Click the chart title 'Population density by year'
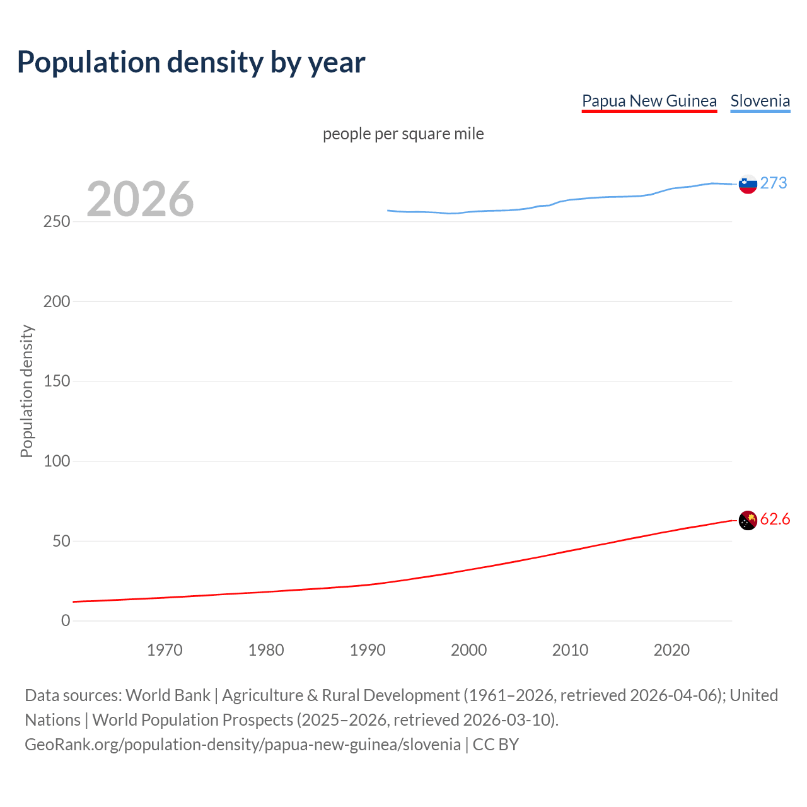coord(191,62)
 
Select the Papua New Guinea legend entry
coord(649,101)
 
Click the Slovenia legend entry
coord(760,101)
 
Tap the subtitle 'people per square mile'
coord(403,134)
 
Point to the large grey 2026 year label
coord(140,199)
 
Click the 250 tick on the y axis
coord(57,222)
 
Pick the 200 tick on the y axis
coord(57,301)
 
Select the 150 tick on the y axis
coord(57,381)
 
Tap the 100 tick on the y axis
coord(57,461)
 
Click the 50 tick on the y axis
coord(61,541)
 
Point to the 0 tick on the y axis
coord(66,621)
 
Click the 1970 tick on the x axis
coord(165,650)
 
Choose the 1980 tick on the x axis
coord(266,650)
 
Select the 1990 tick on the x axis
coord(368,650)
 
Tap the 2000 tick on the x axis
coord(468,650)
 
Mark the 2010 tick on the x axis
coord(570,650)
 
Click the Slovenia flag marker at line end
coord(748,184)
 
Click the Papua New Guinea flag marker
coord(748,521)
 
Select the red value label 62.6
coord(775,519)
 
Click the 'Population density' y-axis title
coord(26,391)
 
